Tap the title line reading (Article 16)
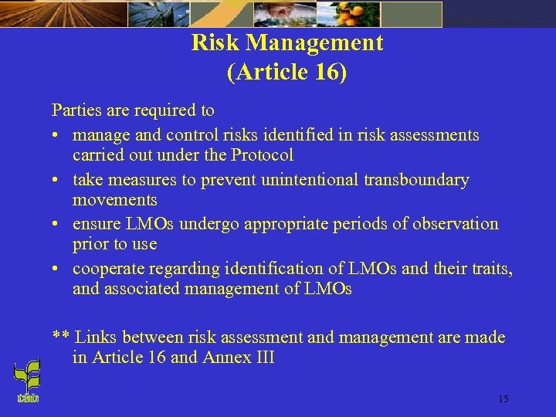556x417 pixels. pyautogui.click(x=287, y=73)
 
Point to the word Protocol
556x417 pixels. pyautogui.click(x=262, y=155)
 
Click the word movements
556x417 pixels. pyautogui.click(x=115, y=200)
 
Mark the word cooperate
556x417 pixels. pyautogui.click(x=107, y=269)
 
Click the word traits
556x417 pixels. pyautogui.click(x=490, y=269)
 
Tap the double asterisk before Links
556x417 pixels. pyautogui.click(x=61, y=337)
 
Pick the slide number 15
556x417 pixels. pyautogui.click(x=503, y=399)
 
